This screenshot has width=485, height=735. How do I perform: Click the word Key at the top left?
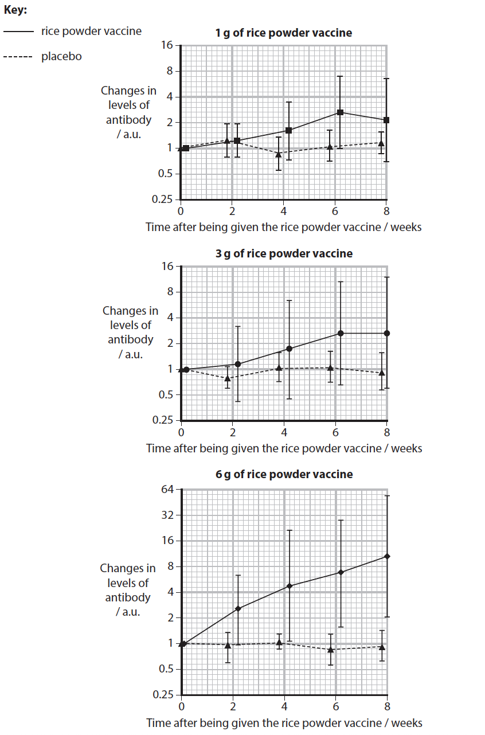pos(15,10)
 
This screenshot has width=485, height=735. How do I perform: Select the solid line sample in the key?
pos(18,32)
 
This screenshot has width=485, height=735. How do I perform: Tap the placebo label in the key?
pos(61,57)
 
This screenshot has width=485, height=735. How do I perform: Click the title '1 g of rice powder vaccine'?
pos(284,33)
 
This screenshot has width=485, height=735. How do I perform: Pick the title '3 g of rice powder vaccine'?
pos(284,253)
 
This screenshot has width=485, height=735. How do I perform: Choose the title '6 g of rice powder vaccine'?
pos(284,474)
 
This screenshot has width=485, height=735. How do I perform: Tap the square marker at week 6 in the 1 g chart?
pos(341,112)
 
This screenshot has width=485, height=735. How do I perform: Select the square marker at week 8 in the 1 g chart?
pos(386,120)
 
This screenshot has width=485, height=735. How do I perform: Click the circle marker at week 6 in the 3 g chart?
pos(341,333)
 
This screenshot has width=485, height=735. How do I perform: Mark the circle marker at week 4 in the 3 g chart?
pos(290,349)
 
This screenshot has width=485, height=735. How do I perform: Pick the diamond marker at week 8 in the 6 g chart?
pos(387,556)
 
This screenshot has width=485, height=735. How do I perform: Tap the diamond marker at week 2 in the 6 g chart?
pos(238,608)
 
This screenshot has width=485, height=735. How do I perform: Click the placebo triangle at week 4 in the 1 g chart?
pos(279,154)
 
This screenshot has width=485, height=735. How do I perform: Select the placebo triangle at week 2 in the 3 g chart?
pos(228,378)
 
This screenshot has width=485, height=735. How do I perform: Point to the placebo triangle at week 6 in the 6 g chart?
pos(331,649)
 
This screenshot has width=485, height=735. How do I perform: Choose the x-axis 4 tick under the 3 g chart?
pos(284,431)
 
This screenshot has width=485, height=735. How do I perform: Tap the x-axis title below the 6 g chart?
pos(284,722)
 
